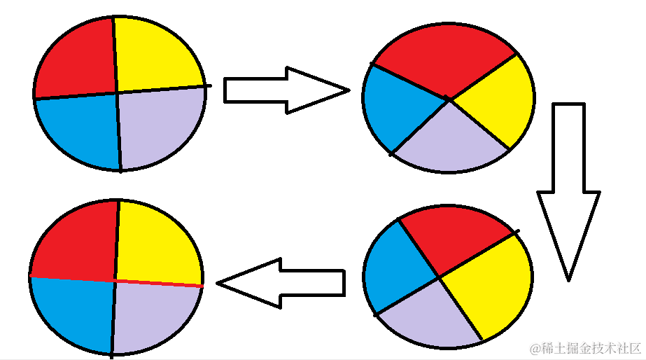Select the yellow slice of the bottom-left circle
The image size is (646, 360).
coord(157,242)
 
